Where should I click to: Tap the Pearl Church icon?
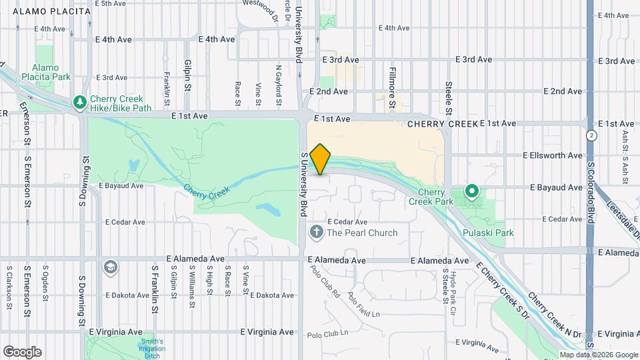316,233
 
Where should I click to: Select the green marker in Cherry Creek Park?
472,193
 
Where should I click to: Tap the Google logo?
22,351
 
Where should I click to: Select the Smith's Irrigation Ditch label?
152,347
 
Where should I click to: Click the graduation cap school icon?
111,267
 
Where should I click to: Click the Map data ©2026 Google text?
599,355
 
